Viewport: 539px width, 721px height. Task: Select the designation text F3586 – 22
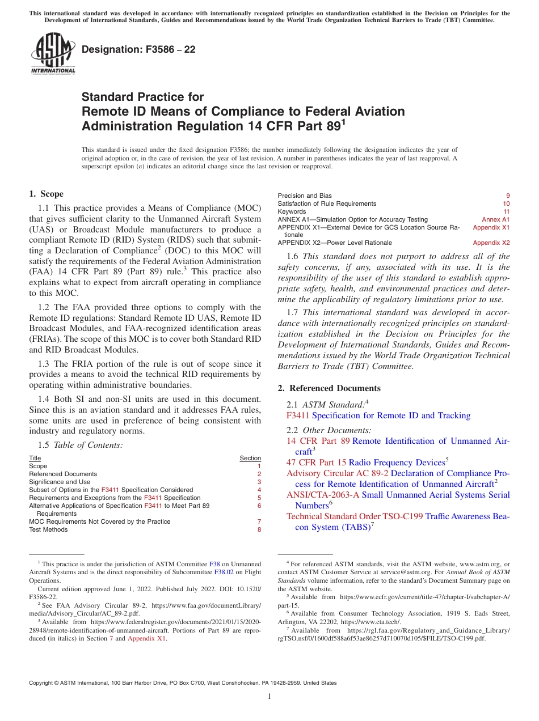(138, 49)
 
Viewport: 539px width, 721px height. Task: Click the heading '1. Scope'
(46, 194)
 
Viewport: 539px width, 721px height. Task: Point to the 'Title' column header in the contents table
(35, 458)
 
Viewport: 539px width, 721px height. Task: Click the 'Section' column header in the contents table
(250, 458)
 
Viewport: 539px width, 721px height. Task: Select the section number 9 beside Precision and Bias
(508, 196)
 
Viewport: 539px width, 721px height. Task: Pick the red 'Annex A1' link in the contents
(495, 219)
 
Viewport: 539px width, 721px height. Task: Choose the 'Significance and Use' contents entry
(60, 482)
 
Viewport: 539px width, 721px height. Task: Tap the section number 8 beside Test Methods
(259, 529)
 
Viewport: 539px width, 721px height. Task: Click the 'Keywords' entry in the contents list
(292, 211)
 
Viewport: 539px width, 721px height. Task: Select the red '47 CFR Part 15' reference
(316, 463)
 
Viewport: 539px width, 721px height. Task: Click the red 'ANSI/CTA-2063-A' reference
(323, 495)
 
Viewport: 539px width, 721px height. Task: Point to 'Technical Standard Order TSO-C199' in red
(354, 516)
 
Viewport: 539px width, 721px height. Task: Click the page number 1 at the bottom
(269, 697)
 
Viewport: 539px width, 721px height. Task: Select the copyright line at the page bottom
(183, 683)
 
